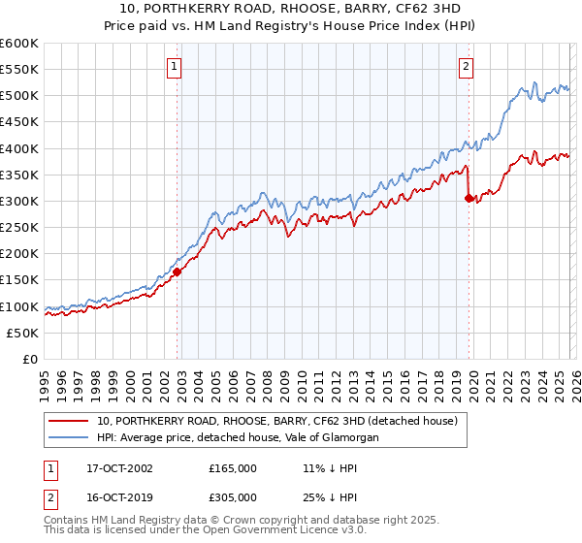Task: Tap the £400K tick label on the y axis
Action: click(19, 148)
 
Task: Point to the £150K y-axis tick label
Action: click(19, 280)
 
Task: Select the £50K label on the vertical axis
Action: click(22, 333)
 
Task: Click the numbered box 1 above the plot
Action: click(175, 67)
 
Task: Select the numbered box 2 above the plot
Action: click(467, 67)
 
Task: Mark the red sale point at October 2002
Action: click(178, 272)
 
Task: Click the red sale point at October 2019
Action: click(469, 198)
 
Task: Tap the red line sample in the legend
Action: click(70, 421)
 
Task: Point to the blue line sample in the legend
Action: click(70, 437)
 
